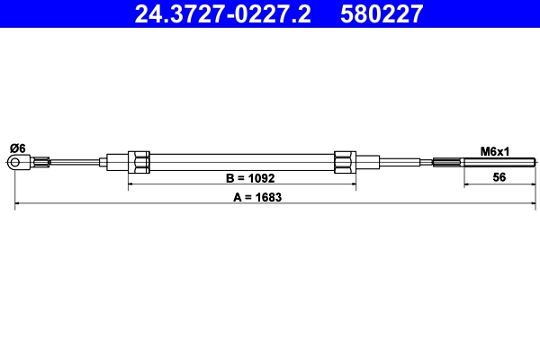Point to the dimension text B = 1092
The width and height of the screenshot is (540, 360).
pos(238,177)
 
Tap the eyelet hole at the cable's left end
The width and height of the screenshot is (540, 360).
pos(15,162)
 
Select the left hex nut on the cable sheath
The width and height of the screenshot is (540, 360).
pos(139,162)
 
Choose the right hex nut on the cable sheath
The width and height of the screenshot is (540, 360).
pos(345,162)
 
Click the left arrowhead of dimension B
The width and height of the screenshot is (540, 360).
pos(132,185)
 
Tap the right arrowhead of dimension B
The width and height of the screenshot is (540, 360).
pos(352,185)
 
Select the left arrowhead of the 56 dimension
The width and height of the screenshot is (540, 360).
pos(466,185)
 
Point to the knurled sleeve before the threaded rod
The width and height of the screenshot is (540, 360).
pos(447,163)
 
